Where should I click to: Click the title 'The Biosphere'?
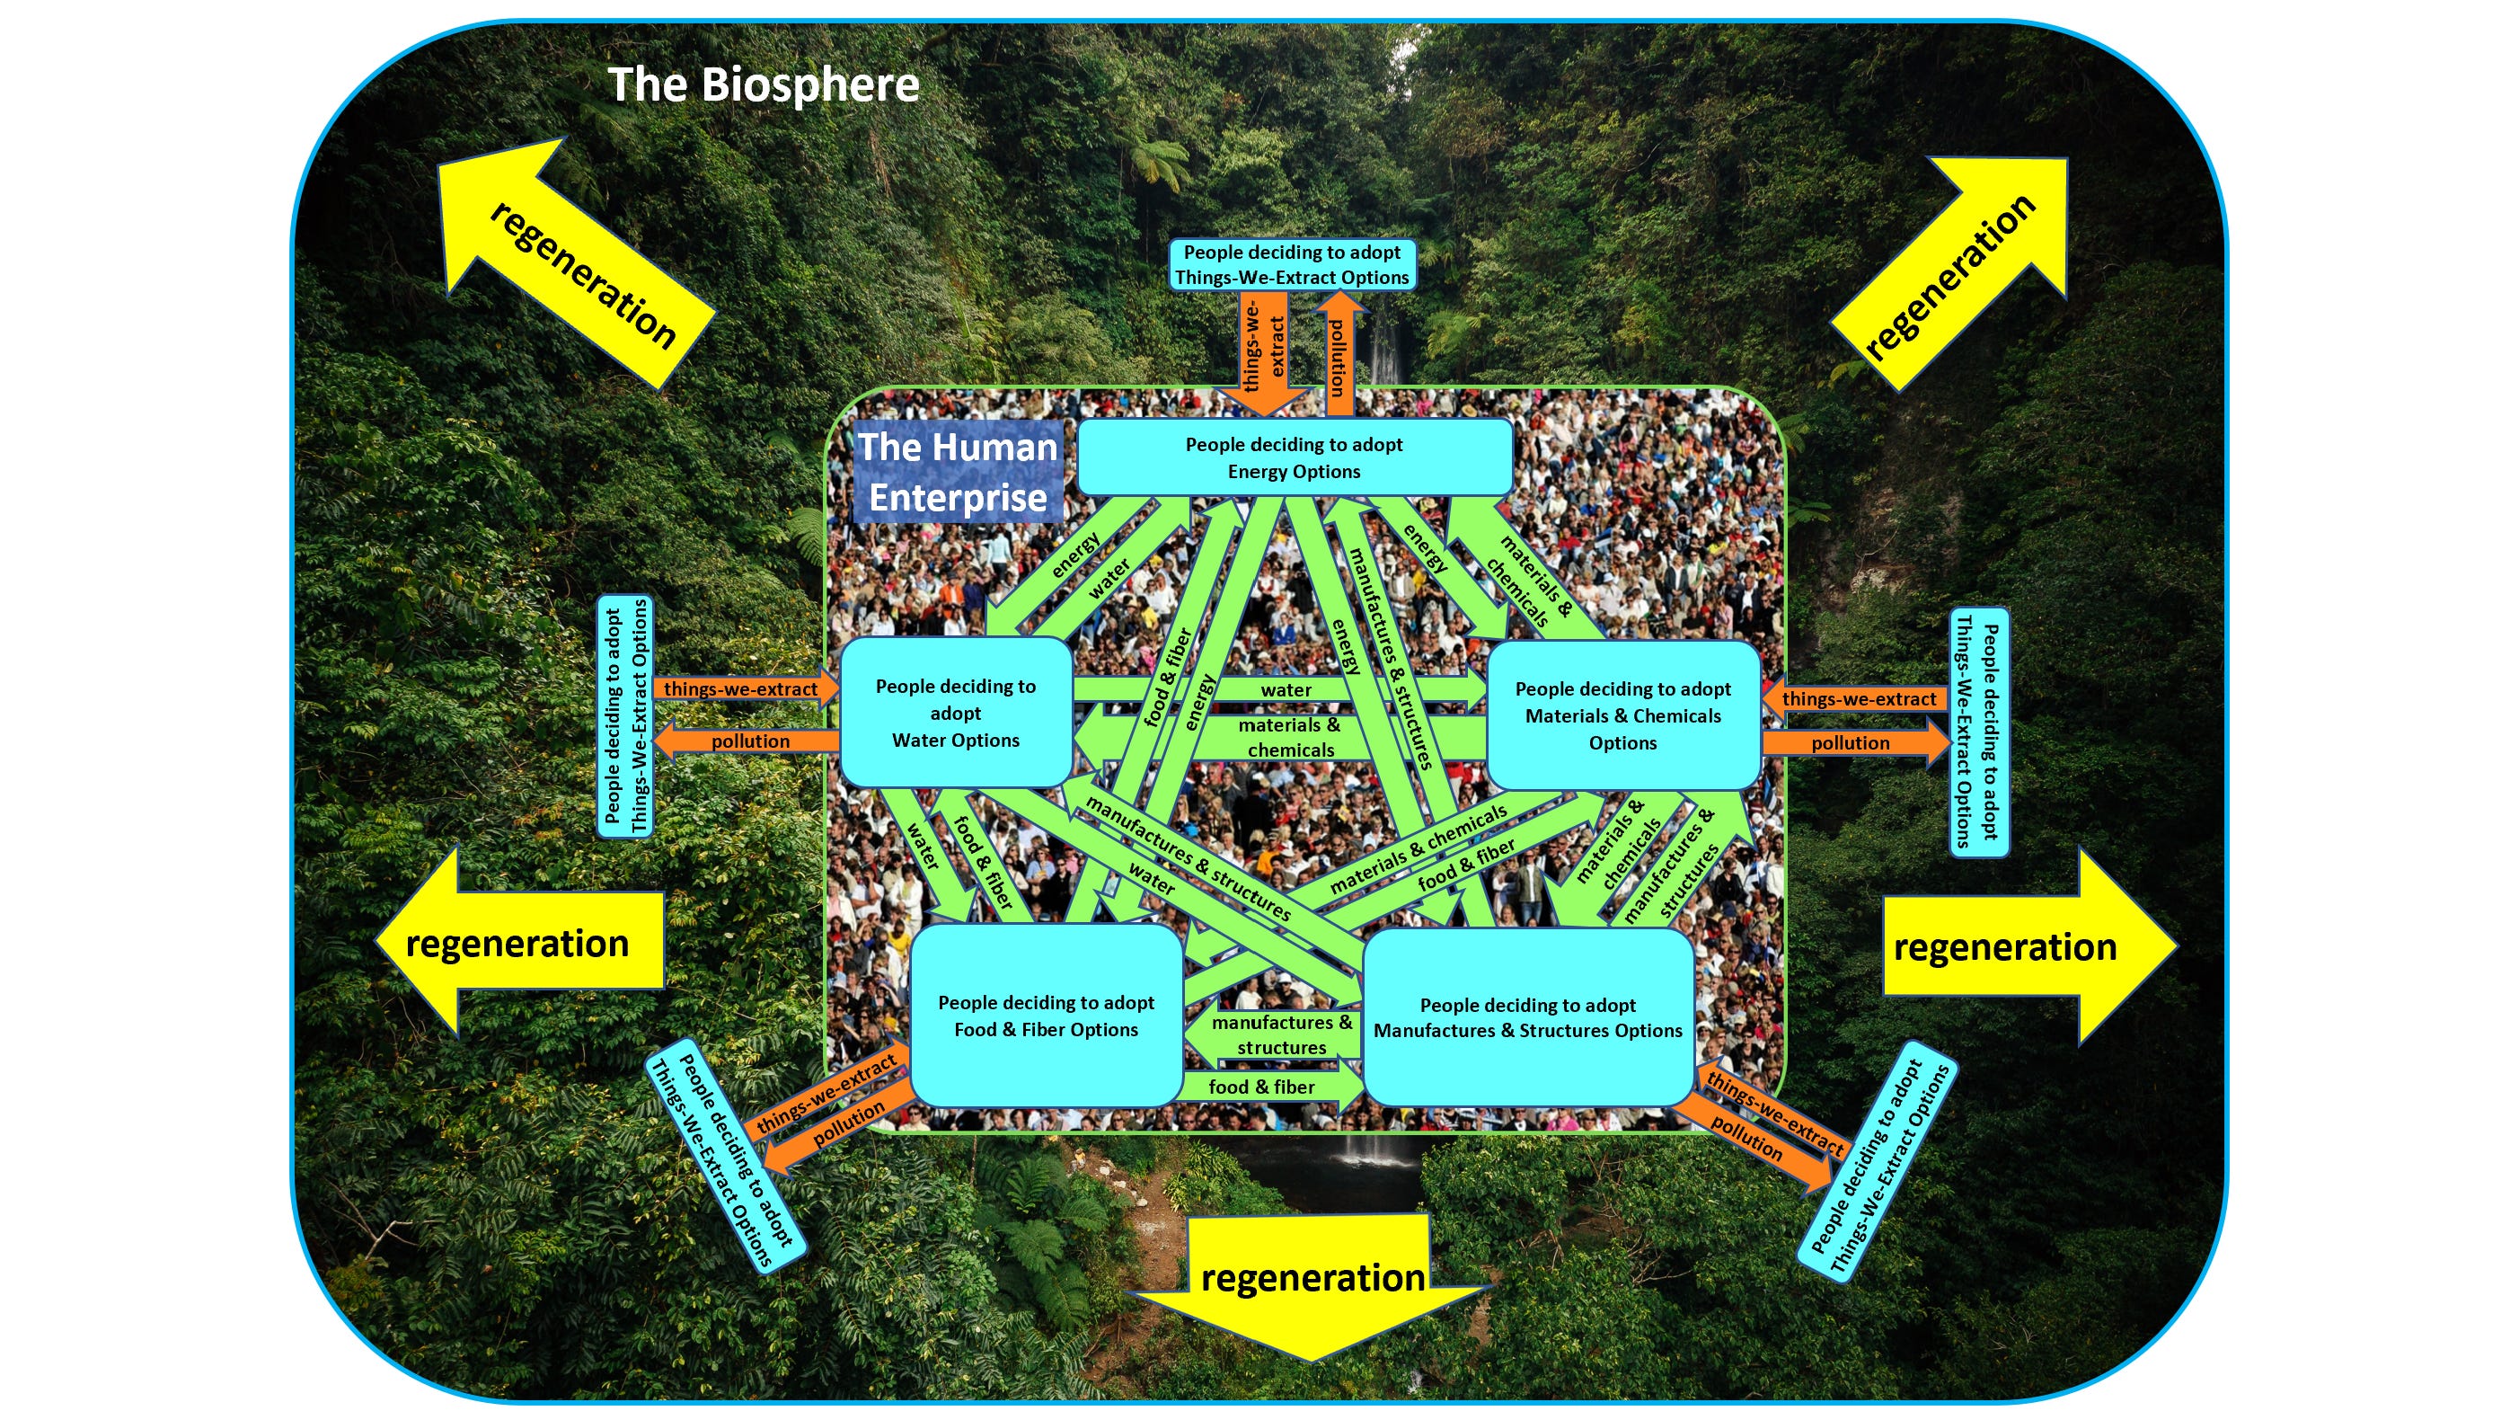point(763,85)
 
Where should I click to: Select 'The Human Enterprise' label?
point(958,472)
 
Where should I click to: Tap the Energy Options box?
point(1294,458)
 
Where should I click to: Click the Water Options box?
point(956,714)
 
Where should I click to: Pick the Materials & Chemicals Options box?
point(1623,716)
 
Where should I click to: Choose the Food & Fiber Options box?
point(1046,1016)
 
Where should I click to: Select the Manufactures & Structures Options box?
point(1528,1018)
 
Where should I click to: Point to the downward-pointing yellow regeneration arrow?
point(1312,1286)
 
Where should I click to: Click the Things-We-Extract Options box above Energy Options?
point(1292,265)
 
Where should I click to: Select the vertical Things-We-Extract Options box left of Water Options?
point(625,716)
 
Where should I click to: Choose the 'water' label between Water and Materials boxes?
point(1286,690)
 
